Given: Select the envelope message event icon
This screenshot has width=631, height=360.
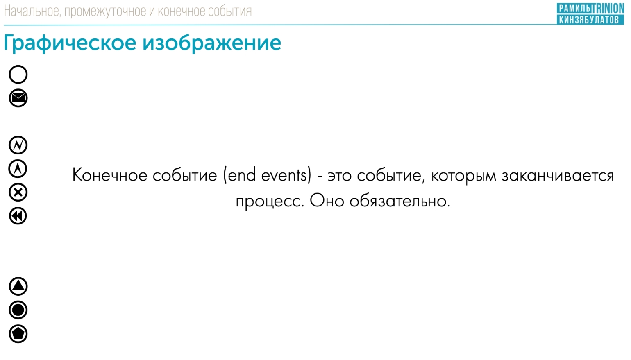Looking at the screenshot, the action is pos(18,98).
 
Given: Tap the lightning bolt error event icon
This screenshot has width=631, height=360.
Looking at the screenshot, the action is pos(18,145).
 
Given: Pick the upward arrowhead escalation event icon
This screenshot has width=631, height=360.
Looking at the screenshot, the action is pos(18,169).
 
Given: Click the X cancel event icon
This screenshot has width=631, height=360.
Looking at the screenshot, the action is pos(18,192).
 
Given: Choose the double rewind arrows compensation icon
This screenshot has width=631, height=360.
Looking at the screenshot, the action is pos(18,216).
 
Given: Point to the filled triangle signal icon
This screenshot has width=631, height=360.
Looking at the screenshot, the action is pos(18,286).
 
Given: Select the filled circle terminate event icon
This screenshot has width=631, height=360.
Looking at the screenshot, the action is pos(18,310).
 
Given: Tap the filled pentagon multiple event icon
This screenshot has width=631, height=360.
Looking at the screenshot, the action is pos(18,334).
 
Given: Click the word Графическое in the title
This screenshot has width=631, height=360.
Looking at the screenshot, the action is pos(70,43).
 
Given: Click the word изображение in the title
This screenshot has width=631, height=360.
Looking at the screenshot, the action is pos(212,43).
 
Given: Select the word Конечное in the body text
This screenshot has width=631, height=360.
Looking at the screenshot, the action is pos(110,175).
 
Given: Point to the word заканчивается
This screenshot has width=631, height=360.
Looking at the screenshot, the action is pos(558,175).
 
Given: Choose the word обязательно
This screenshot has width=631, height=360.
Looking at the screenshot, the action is pos(400,201).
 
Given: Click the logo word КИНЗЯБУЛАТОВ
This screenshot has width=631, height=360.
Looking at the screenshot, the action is pos(589,19).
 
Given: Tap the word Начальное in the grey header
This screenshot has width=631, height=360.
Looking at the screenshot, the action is pos(32,11).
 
